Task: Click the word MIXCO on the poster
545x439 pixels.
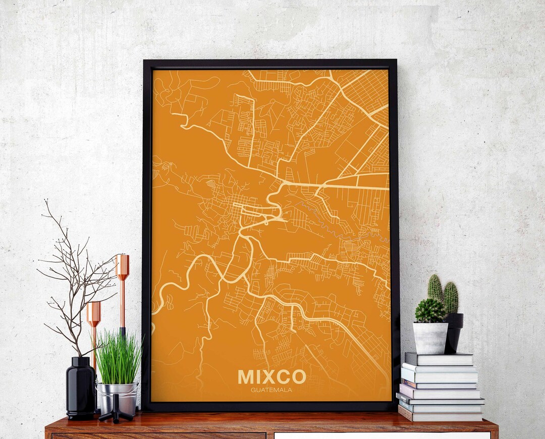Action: click(271, 376)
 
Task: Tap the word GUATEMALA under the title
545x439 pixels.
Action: click(271, 389)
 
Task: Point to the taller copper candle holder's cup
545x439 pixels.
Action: click(122, 266)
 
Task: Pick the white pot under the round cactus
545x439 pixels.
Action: click(430, 338)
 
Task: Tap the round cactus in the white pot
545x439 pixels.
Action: click(430, 310)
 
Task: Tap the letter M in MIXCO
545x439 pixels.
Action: click(247, 376)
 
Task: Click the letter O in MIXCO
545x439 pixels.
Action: click(298, 376)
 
